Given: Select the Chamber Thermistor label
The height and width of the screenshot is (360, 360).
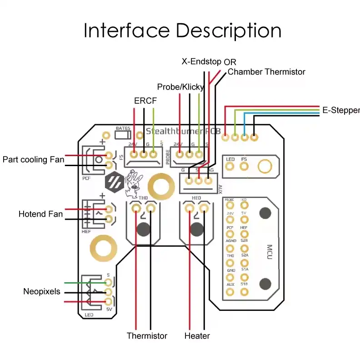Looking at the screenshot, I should (266, 72).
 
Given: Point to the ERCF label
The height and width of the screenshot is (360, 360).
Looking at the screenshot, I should (145, 101).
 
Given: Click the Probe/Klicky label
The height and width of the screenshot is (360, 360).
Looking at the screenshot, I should (180, 87).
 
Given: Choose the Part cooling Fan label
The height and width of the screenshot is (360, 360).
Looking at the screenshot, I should (33, 160).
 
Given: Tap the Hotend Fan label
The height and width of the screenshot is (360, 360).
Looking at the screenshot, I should (40, 214).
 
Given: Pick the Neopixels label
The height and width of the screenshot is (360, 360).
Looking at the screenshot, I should (41, 291).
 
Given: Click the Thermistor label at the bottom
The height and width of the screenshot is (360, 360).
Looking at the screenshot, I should (147, 336).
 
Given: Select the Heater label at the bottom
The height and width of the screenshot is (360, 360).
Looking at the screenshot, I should (197, 336).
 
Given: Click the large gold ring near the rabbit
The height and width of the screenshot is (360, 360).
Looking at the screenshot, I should (161, 186).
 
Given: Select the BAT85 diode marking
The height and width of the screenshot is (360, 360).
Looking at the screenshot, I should (123, 129).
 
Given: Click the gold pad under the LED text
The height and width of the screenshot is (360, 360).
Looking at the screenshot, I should (230, 167).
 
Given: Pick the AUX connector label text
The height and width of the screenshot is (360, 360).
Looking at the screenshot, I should (220, 188).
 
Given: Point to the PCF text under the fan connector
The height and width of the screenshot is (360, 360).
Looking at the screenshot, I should (87, 179).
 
